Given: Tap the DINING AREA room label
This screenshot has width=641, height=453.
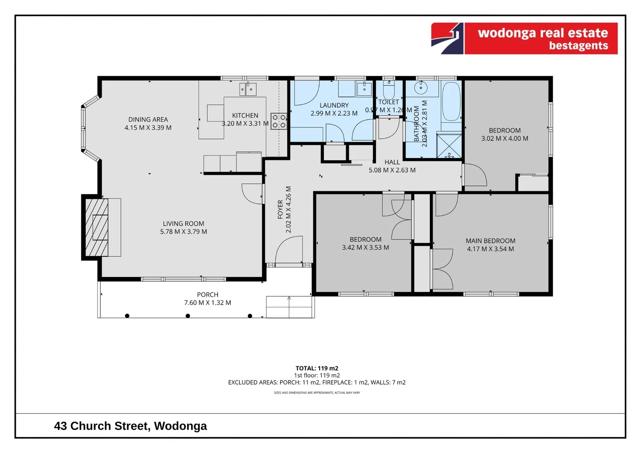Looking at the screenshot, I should pyautogui.click(x=148, y=120).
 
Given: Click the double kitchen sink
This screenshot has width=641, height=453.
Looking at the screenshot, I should pyautogui.click(x=248, y=89).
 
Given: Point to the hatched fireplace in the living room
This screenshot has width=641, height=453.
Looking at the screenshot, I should pyautogui.click(x=97, y=227).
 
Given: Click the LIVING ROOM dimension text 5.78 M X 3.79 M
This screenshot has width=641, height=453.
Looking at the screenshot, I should pyautogui.click(x=183, y=232).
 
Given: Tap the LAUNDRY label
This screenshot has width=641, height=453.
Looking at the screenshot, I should pyautogui.click(x=334, y=105).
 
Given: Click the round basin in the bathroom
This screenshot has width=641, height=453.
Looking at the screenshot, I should pyautogui.click(x=420, y=88).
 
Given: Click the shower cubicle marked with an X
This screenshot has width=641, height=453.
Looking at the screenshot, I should pyautogui.click(x=449, y=145).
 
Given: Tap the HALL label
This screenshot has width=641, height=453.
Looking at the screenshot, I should pyautogui.click(x=392, y=162).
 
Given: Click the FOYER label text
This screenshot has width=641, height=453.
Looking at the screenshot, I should pyautogui.click(x=280, y=209).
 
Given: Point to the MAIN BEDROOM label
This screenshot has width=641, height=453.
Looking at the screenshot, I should pyautogui.click(x=490, y=241).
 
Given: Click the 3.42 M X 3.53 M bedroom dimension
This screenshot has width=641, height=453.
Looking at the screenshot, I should pyautogui.click(x=365, y=247).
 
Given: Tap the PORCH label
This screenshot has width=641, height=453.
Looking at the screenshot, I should pyautogui.click(x=208, y=294).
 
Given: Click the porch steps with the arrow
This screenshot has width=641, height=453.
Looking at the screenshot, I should pyautogui.click(x=289, y=307).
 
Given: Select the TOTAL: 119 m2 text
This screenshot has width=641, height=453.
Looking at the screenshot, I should pyautogui.click(x=317, y=368).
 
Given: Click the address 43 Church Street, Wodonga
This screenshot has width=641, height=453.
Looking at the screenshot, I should pyautogui.click(x=130, y=426).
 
